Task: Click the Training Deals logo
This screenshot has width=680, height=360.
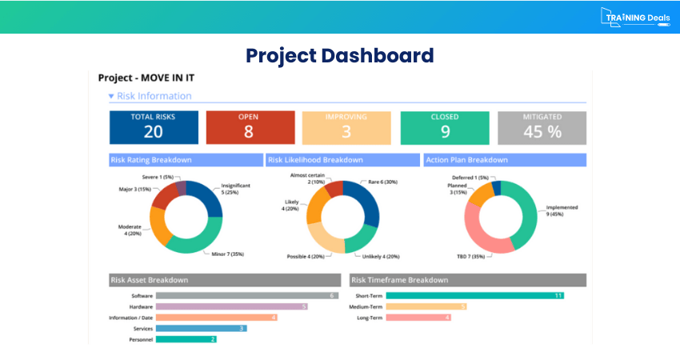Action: point(635,18)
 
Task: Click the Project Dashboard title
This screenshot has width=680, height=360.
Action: point(339,55)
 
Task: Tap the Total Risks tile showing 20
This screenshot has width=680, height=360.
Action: point(154,126)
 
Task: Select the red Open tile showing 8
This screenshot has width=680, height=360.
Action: point(249,126)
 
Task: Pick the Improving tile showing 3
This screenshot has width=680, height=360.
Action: point(346,126)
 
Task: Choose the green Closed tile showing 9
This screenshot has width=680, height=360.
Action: point(444,126)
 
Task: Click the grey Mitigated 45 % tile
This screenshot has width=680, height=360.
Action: point(542,126)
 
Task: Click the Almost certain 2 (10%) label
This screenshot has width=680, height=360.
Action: point(307,178)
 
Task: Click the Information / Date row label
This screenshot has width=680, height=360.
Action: point(131,318)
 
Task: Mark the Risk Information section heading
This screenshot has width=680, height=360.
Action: point(154,96)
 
